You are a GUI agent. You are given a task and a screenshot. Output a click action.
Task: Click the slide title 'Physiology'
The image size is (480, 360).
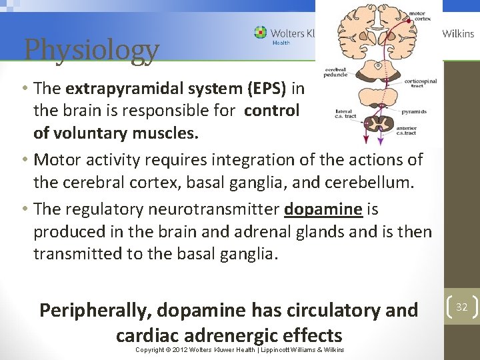coord(91,49)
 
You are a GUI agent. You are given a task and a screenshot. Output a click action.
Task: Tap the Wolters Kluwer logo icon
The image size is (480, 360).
coord(260,33)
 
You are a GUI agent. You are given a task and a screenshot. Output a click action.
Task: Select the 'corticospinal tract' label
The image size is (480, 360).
coord(420,83)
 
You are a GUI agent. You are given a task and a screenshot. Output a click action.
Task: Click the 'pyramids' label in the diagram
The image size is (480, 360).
coord(414,111)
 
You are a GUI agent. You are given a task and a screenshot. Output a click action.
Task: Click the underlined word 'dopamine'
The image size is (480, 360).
coord(323,209)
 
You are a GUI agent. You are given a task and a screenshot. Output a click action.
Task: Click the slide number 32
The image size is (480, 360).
coord(461,307)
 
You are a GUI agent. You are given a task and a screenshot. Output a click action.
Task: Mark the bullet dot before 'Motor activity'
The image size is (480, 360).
coord(24,160)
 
